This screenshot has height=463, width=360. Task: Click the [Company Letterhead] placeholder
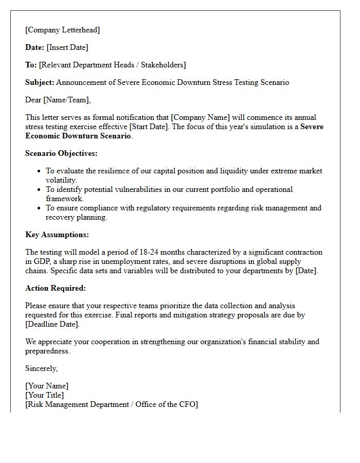(63, 30)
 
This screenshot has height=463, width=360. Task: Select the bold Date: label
(34, 47)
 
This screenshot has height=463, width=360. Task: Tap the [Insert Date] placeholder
(67, 47)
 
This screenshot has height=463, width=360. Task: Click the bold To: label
(31, 65)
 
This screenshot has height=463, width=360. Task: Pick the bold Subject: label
(40, 82)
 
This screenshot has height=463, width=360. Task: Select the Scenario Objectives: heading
(61, 153)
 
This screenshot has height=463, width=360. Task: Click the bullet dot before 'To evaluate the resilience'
(40, 171)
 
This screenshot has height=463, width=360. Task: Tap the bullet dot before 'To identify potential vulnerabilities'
(40, 190)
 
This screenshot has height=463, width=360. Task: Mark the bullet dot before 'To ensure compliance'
(40, 208)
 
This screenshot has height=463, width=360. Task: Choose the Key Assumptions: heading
(57, 235)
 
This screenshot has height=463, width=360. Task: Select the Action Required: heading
(56, 288)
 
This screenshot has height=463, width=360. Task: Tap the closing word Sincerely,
(42, 368)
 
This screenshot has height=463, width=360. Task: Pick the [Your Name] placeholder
(47, 386)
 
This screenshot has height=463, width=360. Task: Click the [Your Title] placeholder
(45, 395)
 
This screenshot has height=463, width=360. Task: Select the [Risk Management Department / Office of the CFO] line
(111, 404)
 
